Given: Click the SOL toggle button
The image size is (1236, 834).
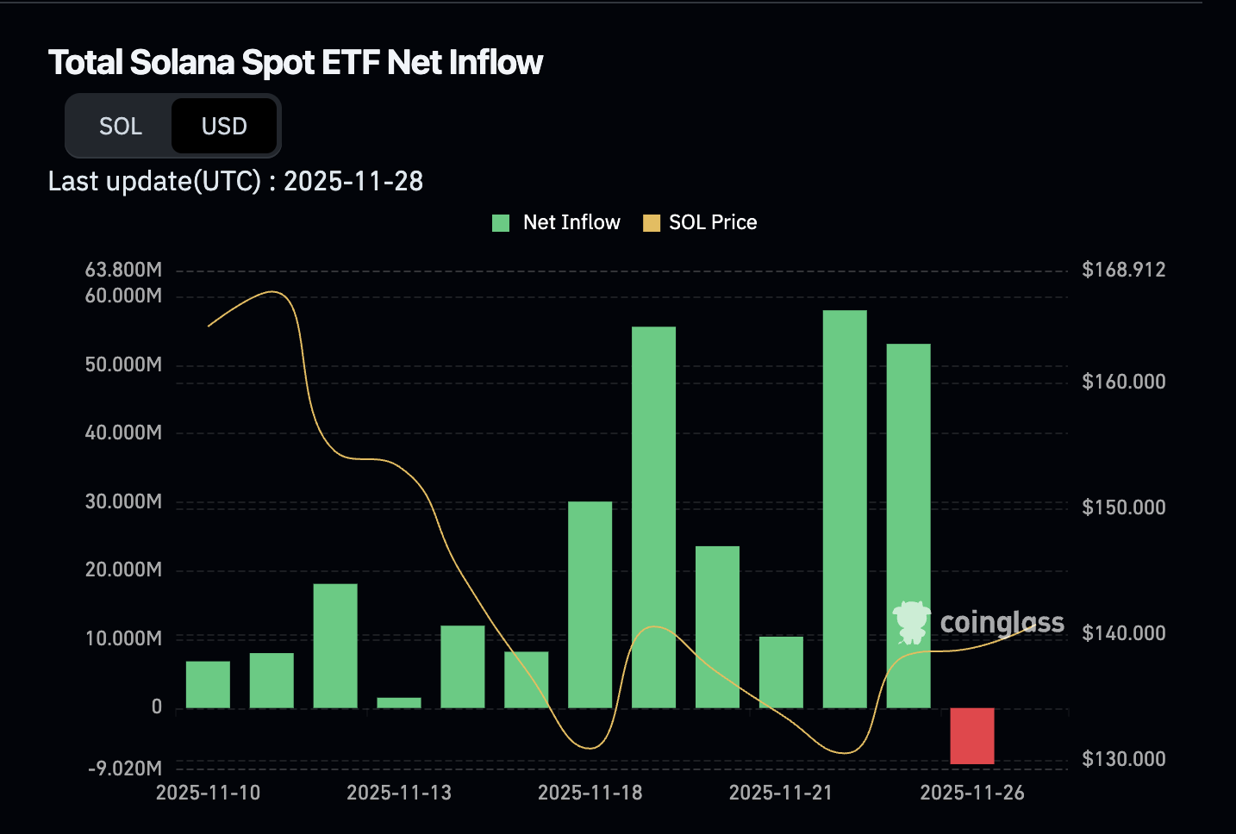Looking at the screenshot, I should tap(121, 127).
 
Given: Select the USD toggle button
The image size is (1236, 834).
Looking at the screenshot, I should tap(224, 127).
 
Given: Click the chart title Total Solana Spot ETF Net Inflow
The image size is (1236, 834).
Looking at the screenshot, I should tap(295, 62).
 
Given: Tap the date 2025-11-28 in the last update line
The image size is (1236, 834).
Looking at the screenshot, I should tap(353, 181).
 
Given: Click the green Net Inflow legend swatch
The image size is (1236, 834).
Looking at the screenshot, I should tap(501, 223).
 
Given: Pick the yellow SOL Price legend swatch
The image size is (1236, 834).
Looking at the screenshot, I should tap(652, 223).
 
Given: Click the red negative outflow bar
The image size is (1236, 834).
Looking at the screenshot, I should tap(972, 736).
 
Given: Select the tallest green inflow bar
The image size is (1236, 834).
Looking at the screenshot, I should tap(845, 508).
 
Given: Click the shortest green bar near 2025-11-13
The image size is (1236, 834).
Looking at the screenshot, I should tap(399, 703).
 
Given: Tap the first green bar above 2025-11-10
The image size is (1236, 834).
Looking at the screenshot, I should tap(208, 684).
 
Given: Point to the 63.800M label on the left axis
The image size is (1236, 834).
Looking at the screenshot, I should tap(123, 270).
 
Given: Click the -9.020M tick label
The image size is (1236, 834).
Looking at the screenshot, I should tap(125, 768).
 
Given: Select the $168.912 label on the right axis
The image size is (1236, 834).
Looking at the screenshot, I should tap(1123, 270).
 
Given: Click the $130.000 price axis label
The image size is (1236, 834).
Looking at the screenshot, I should tap(1123, 759).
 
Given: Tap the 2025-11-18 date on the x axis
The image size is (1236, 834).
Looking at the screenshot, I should tap(590, 793).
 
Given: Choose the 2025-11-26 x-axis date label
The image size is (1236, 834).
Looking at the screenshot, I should tap(972, 793).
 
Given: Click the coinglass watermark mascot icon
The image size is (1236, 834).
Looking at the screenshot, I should tap(911, 621).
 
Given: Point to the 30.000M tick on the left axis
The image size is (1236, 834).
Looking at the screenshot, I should tap(123, 501).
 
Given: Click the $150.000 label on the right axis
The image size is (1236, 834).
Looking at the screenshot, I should tap(1123, 507).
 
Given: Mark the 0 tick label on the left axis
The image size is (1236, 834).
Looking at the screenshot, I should tap(157, 707).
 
